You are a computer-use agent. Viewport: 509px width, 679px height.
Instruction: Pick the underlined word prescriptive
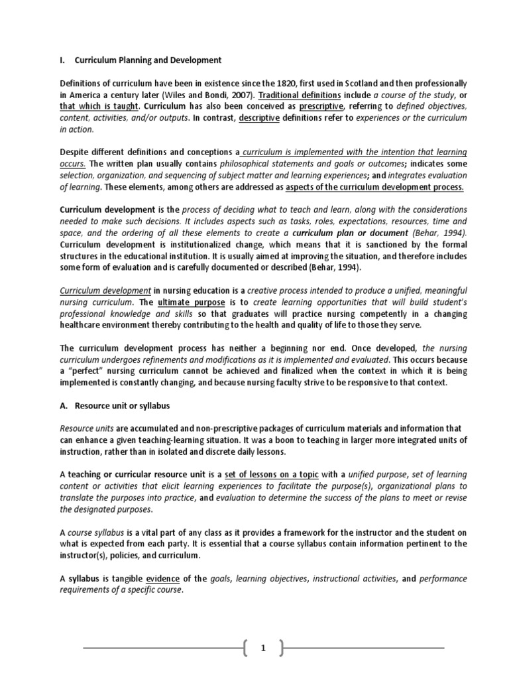(321, 106)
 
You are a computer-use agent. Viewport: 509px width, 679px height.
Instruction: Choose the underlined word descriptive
(259, 117)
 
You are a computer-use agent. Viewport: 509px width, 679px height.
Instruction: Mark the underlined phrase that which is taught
(99, 106)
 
